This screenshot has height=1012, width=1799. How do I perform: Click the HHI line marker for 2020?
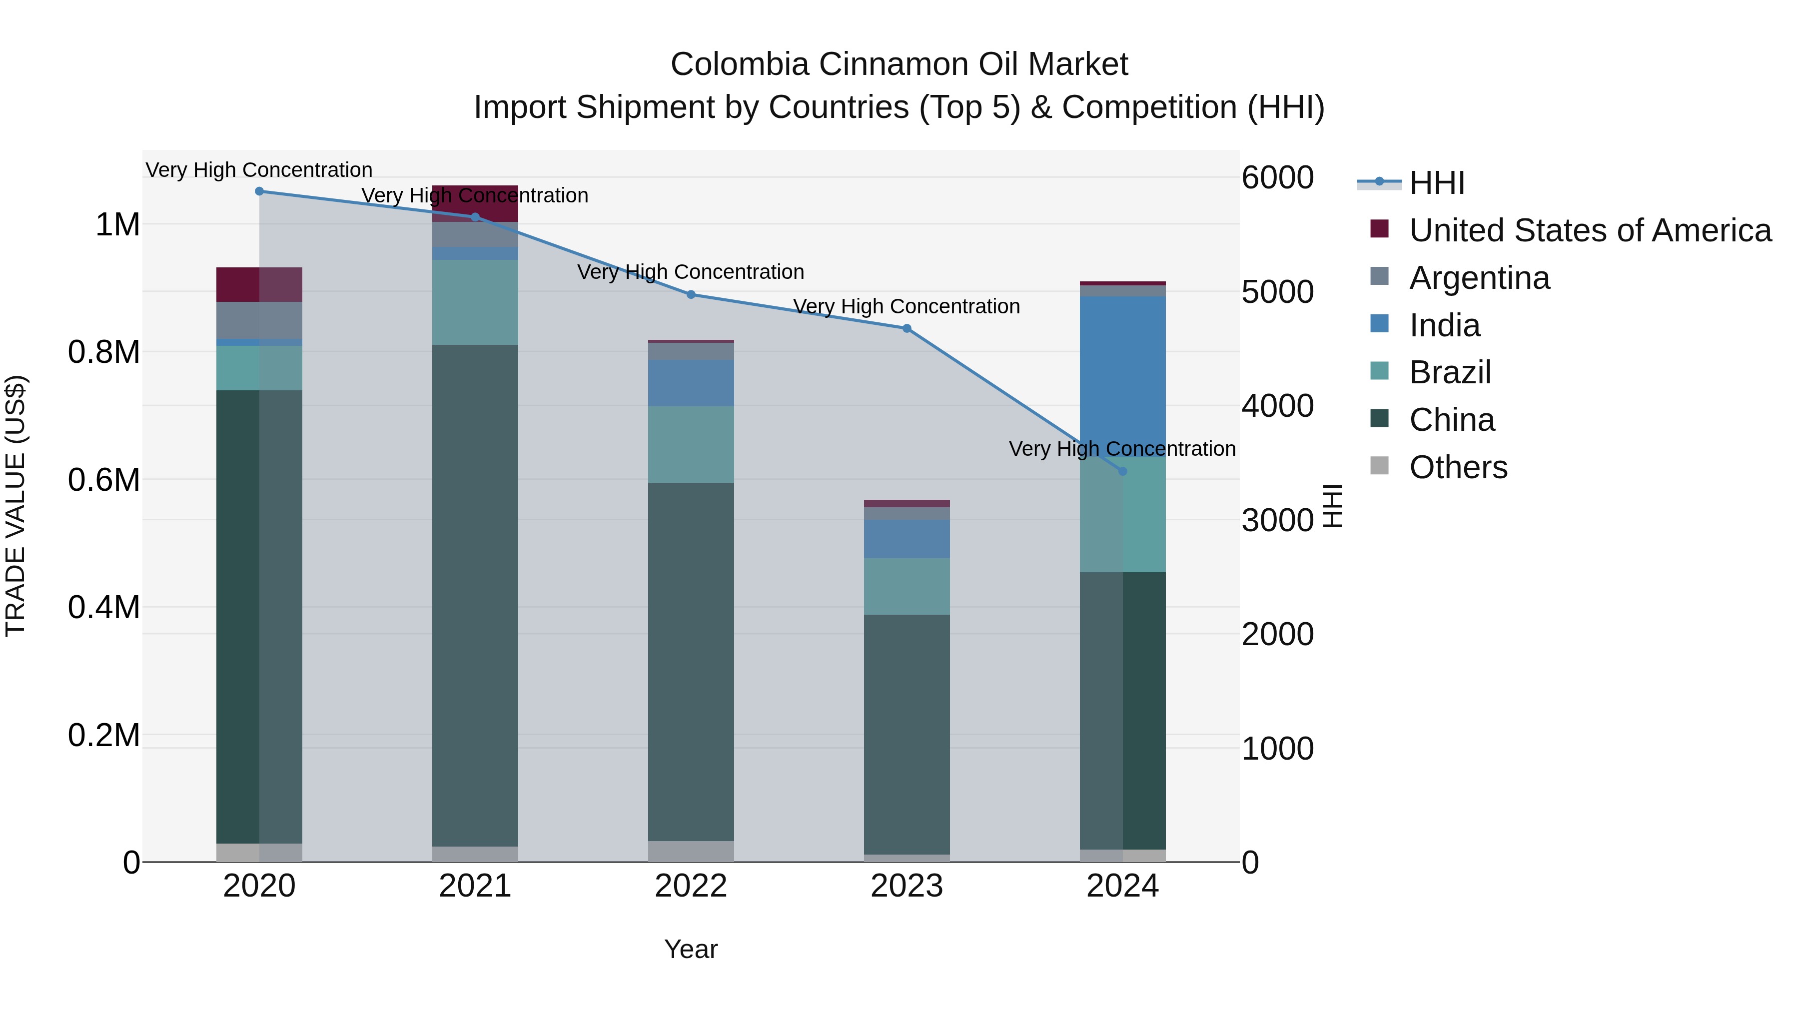pos(259,191)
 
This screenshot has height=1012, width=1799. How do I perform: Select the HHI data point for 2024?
pos(1122,471)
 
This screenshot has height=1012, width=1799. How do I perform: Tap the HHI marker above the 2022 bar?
pos(691,295)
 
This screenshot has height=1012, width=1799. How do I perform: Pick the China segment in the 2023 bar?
pos(906,733)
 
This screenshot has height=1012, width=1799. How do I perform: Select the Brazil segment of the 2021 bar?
pos(475,302)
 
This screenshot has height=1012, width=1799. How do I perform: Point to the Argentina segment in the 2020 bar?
pos(259,320)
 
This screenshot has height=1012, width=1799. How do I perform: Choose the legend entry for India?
pos(1444,325)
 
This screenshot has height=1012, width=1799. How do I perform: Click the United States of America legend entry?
pos(1590,230)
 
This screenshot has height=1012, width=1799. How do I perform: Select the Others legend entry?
pos(1458,467)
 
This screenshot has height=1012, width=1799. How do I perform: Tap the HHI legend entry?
pos(1437,183)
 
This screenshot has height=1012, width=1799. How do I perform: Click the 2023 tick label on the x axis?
pos(906,886)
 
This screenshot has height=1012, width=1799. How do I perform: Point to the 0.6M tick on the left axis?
pos(104,480)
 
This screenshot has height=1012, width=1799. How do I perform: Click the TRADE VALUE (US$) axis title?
pos(16,506)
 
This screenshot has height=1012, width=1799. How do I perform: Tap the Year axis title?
pos(691,949)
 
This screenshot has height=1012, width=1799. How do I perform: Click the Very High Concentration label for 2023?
pos(906,307)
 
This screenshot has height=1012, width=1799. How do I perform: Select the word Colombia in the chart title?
pos(740,64)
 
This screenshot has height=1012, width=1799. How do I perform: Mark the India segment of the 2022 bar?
pos(691,383)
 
